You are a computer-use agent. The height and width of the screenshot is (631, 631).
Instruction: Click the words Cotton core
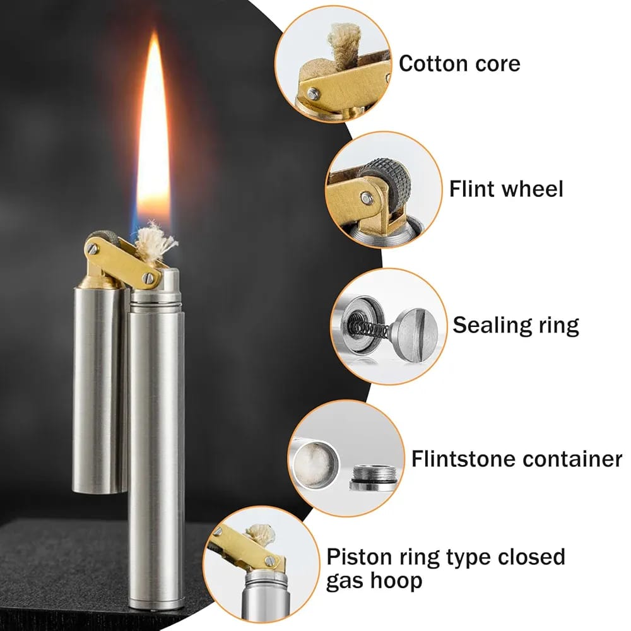tap(459, 64)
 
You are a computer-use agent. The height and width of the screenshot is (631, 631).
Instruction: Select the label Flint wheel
tap(506, 189)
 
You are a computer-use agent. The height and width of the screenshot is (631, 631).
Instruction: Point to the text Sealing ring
tap(516, 325)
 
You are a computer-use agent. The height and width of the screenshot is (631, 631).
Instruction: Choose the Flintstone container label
tap(516, 459)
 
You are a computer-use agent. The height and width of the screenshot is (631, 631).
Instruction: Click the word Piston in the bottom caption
tap(360, 557)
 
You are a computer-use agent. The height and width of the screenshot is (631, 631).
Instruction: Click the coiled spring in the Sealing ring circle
tap(369, 328)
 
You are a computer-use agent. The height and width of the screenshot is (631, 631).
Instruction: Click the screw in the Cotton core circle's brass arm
tap(313, 94)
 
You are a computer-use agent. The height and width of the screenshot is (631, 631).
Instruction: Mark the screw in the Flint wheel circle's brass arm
tap(367, 198)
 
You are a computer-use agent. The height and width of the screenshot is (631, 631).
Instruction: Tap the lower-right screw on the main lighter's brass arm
tap(148, 277)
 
